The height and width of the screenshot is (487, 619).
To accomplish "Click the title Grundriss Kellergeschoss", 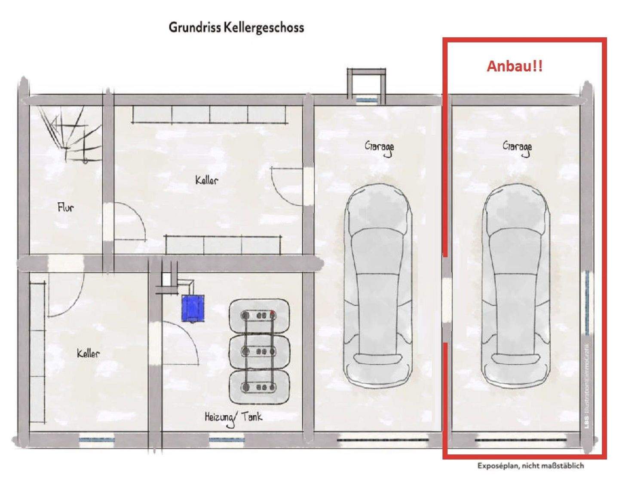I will pos(236,27).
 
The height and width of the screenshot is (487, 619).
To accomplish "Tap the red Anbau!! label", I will pos(514,66).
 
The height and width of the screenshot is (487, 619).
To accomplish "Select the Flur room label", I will pos(66,208).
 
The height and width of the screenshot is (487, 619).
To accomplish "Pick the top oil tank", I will pos(259,316).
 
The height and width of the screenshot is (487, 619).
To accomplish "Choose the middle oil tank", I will pos(259,352).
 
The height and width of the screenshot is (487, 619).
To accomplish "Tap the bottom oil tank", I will pos(259,387).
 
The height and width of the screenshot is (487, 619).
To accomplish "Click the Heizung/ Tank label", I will pos(233,417).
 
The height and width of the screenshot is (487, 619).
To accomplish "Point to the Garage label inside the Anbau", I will pos(517,148).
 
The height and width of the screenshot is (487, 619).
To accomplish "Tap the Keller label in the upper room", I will pos(206,180).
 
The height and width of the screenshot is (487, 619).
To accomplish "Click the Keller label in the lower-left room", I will pos(88,354).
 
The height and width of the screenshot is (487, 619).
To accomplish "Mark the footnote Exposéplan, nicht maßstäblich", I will pos(530,466).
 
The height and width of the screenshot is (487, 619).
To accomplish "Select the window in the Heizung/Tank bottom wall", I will pos(226,439).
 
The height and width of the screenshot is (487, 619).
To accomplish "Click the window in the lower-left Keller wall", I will pos(97,439).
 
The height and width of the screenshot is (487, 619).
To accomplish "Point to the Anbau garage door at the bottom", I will pos(520,440).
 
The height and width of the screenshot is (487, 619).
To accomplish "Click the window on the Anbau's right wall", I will pos(587,303).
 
